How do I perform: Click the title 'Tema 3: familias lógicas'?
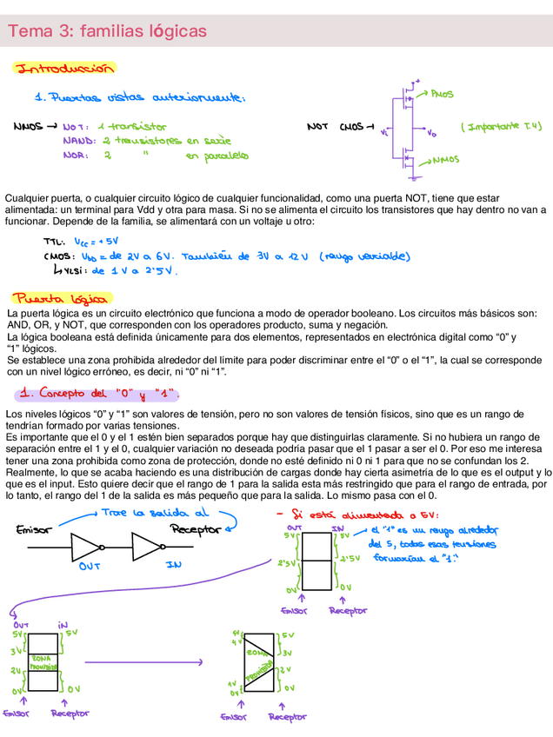(108, 31)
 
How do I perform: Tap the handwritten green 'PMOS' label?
(441, 94)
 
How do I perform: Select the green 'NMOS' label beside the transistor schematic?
(445, 160)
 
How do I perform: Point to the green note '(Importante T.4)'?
(501, 126)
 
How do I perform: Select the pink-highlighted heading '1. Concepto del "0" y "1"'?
(97, 394)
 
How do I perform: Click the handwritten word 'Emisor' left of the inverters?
(33, 529)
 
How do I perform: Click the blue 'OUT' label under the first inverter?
(90, 566)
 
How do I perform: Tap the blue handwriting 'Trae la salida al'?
(155, 513)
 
